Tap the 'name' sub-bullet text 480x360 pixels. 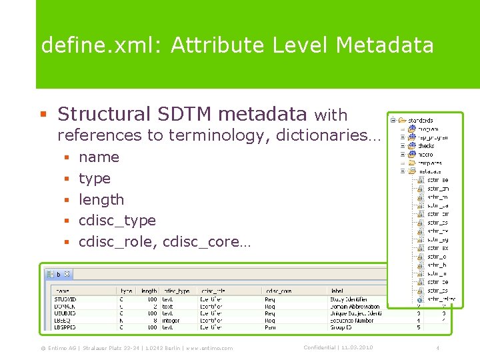(99, 157)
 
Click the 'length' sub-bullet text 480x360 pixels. (101, 199)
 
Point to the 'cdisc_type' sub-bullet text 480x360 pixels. (117, 221)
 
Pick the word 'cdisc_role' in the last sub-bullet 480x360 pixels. (117, 241)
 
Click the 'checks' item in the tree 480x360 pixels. (426, 145)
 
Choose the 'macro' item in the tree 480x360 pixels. (425, 154)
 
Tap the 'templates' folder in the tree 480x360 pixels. (429, 163)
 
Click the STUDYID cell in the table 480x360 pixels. (65, 299)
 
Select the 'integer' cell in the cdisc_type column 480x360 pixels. (171, 321)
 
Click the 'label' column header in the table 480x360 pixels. (337, 291)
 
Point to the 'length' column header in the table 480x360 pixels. (149, 291)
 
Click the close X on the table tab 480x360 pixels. (67, 274)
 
